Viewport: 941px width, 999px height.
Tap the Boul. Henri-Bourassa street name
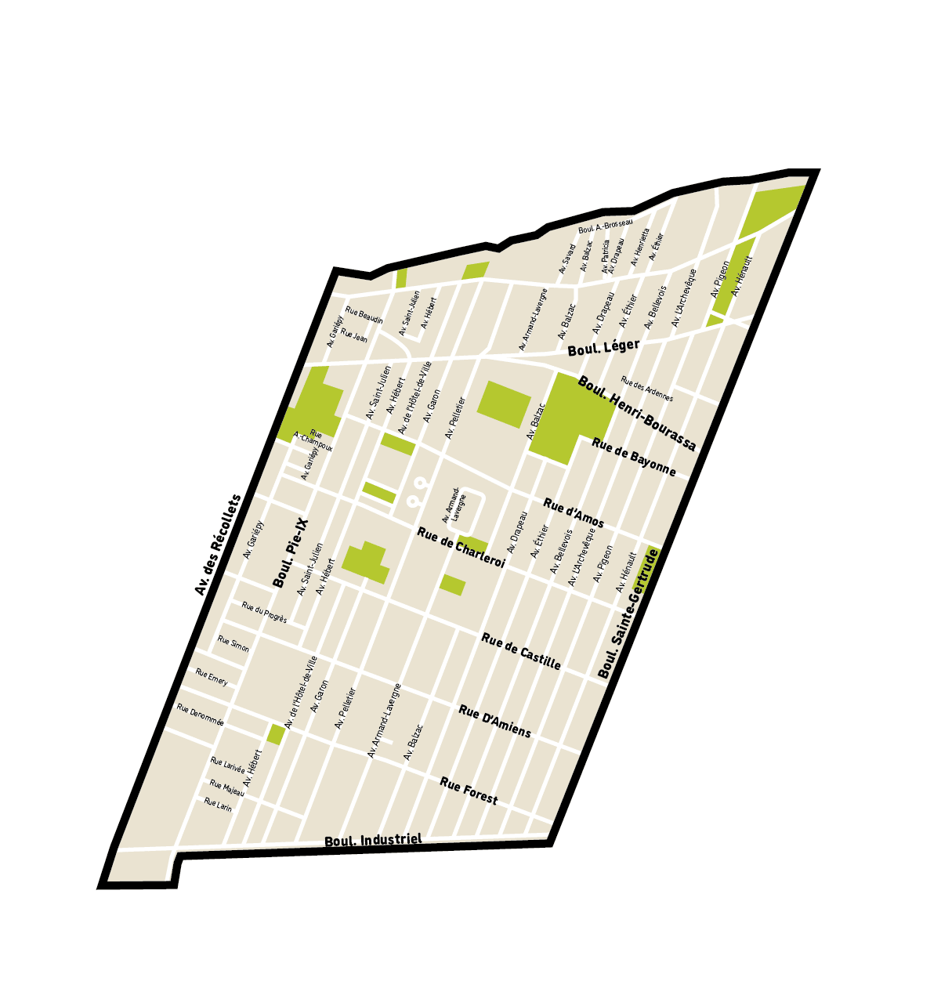(x=636, y=413)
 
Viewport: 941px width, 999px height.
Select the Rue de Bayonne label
(x=633, y=457)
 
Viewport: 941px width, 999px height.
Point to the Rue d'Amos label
(x=574, y=512)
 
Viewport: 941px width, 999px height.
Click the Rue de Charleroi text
(x=461, y=545)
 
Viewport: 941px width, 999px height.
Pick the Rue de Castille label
(x=521, y=651)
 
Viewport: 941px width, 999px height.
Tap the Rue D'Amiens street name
(x=494, y=722)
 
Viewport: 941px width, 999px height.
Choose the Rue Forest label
(x=469, y=791)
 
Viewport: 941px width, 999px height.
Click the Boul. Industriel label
(x=373, y=840)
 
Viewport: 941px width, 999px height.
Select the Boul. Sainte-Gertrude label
(x=628, y=614)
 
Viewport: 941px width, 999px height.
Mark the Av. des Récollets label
(x=219, y=545)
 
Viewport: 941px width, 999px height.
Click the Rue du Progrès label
(x=264, y=613)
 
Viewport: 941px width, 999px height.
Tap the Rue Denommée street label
(x=200, y=715)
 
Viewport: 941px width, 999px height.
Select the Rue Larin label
(x=218, y=804)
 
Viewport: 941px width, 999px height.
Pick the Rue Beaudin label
(x=364, y=315)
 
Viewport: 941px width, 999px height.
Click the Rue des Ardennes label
(x=646, y=389)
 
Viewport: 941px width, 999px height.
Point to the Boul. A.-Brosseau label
(x=605, y=226)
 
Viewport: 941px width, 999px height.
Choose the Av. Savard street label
(x=567, y=259)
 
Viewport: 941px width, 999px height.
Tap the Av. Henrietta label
(x=640, y=246)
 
